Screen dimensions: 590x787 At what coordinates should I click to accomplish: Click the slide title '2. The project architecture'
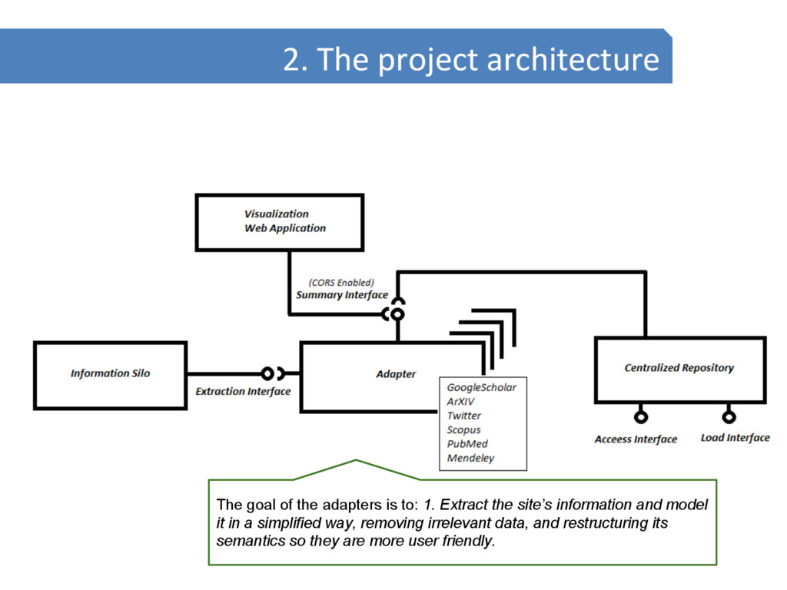coord(470,59)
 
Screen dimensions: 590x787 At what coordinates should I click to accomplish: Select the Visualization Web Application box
coord(280,221)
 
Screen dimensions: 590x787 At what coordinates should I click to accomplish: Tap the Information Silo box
coord(110,374)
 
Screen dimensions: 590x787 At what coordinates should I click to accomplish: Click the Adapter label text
coord(396,374)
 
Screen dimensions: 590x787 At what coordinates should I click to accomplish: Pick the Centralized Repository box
coord(679,369)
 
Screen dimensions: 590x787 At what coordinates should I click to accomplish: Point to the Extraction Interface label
coord(243,392)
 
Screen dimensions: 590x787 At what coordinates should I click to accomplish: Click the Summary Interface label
coord(342,295)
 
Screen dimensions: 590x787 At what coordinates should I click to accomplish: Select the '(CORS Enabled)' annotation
coord(341,282)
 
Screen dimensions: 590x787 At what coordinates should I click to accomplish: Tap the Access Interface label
coord(636,439)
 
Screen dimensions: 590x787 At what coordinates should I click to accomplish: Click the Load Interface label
coord(735,438)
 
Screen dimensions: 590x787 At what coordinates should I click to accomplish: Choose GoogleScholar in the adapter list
coord(482,388)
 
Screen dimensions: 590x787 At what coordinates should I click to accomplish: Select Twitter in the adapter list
coord(464,416)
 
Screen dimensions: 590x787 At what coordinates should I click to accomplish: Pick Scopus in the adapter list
coord(463,430)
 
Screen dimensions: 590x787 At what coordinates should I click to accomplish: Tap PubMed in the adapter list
coord(467,444)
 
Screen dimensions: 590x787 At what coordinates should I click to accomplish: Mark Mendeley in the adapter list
coord(470,459)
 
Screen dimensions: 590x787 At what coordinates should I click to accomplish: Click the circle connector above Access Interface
coord(640,417)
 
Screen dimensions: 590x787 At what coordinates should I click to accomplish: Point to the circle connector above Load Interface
coord(729,417)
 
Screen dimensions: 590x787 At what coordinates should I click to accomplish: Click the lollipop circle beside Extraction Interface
coord(267,374)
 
